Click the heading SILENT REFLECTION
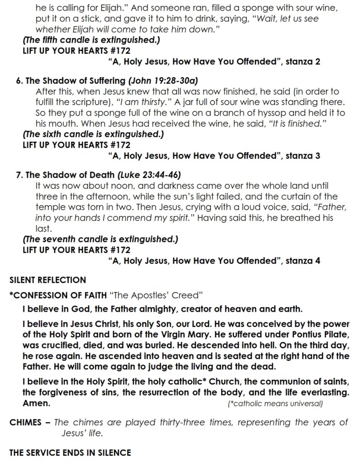[48, 280]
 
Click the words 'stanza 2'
[303, 62]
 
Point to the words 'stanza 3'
[303, 155]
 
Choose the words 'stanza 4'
[303, 261]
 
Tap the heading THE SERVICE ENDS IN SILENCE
[70, 452]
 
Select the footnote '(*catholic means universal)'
[275, 404]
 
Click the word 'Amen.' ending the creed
[36, 403]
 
